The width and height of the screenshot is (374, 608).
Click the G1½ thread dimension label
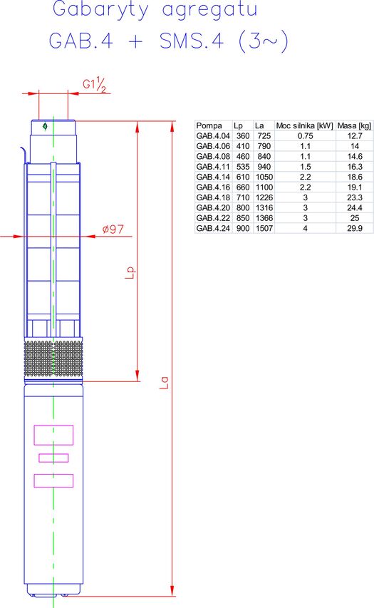(x=94, y=85)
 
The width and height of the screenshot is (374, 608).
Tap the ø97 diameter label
(x=113, y=230)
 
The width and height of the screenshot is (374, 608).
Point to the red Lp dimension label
(x=131, y=272)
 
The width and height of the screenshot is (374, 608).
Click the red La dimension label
(x=165, y=383)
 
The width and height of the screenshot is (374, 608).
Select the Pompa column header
(x=209, y=125)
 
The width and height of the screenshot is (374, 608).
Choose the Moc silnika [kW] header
(x=305, y=125)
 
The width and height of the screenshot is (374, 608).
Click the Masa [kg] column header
(x=354, y=125)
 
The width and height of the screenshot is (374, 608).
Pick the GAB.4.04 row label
(x=213, y=136)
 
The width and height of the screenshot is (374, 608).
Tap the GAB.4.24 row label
(x=213, y=228)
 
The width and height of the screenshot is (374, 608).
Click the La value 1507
(x=264, y=228)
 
